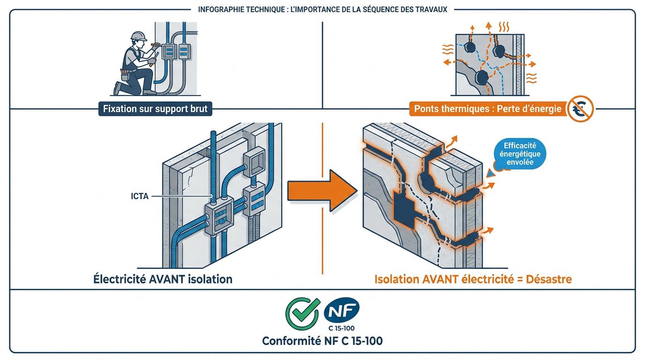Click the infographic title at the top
click(322, 9)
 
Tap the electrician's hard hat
click(138, 36)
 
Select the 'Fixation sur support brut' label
click(155, 110)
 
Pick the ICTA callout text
click(140, 196)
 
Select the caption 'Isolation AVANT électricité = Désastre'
click(473, 279)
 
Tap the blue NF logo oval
click(342, 310)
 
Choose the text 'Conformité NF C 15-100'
click(322, 341)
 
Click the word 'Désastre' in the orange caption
click(549, 279)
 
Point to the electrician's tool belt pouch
click(124, 74)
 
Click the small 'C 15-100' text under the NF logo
click(342, 328)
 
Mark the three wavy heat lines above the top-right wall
click(504, 26)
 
